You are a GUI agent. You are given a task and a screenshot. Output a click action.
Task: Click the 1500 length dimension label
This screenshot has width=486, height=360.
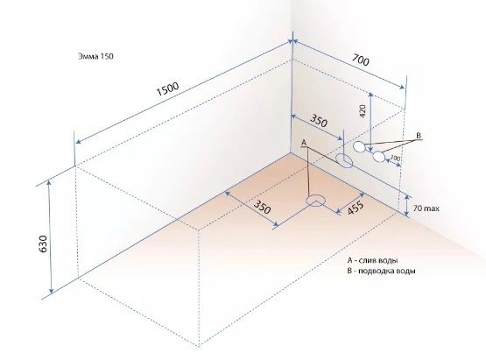coord(167,89)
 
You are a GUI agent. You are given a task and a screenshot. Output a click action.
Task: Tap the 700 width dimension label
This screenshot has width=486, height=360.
coord(361,60)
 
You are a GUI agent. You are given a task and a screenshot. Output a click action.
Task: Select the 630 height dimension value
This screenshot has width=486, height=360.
coord(43,244)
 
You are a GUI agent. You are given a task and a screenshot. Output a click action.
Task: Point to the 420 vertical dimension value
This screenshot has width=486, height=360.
coord(363,111)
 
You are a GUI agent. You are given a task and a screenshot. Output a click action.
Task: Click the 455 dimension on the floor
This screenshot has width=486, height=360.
coord(356,208)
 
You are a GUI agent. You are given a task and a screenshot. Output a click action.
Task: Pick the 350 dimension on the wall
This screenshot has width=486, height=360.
coord(319,121)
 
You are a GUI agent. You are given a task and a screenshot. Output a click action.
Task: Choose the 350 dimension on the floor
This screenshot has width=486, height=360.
coord(263,207)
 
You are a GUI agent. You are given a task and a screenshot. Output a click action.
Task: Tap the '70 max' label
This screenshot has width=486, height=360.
coord(426,208)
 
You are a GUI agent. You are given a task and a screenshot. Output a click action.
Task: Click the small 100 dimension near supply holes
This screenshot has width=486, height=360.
coord(395,158)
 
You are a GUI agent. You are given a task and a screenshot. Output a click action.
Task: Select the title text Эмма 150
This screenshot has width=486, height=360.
coord(95,56)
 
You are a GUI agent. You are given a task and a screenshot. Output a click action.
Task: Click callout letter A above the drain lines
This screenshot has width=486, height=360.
coord(304,143)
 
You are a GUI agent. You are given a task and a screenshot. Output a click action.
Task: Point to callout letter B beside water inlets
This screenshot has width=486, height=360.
coord(419,136)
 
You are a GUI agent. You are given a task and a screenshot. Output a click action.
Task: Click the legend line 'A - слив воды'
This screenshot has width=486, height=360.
coord(372,260)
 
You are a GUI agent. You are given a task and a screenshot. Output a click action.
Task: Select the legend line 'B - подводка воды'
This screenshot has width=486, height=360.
coord(382,271)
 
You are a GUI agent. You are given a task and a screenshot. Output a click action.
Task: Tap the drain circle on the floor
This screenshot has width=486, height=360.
coord(316,200)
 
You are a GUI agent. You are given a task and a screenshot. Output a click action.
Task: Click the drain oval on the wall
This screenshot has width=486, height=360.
coord(344,161)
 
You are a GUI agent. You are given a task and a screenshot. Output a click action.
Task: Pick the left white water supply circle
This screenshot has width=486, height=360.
coord(359,146)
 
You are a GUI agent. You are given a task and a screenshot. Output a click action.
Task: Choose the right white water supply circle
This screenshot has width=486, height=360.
coord(378,157)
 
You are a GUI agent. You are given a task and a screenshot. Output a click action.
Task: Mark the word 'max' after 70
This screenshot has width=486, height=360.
coord(432,208)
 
